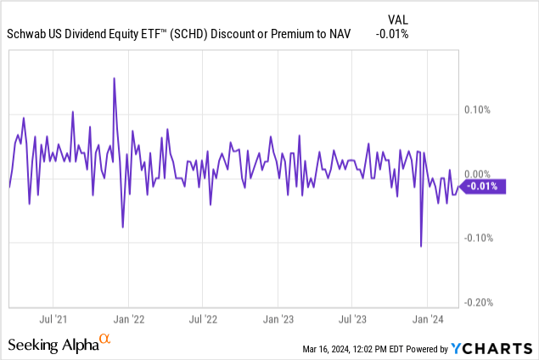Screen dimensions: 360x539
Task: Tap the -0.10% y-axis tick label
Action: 479,238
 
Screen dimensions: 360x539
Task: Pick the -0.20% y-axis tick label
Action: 479,302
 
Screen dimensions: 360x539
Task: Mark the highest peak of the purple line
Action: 114,78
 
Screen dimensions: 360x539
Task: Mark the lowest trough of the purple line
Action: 421,246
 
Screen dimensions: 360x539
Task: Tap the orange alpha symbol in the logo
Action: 105,340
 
